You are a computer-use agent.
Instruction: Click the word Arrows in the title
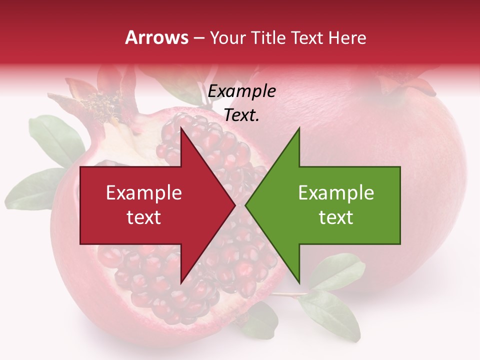(x=157, y=37)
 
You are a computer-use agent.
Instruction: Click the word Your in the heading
(x=228, y=38)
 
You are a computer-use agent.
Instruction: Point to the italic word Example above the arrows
(x=241, y=91)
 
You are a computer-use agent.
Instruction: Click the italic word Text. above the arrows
(x=241, y=115)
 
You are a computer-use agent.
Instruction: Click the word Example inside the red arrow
(x=143, y=193)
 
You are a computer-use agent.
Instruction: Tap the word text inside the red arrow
(x=143, y=217)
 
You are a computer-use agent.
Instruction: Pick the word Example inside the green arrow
(x=336, y=193)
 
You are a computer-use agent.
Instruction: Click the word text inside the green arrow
(x=336, y=217)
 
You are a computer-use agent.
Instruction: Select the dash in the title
(x=198, y=38)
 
